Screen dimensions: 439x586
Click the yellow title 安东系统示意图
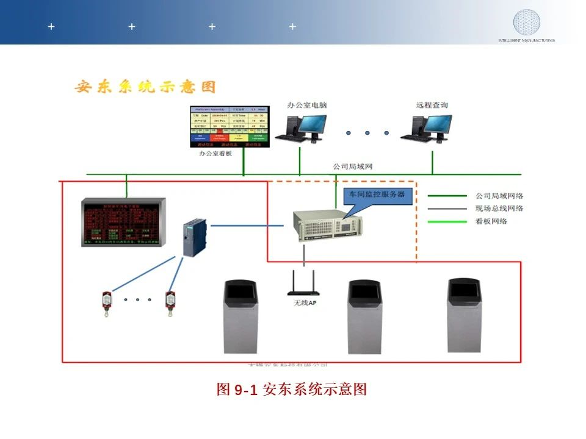pos(145,87)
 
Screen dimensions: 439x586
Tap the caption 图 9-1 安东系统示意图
pos(292,390)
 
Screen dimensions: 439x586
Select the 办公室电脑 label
pos(307,105)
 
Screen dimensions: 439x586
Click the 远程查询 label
pos(432,105)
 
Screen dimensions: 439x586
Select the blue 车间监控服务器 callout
pos(376,195)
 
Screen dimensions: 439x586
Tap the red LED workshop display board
pos(122,223)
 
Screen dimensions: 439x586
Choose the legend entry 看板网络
pos(491,221)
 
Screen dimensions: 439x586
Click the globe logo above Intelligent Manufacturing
pos(526,23)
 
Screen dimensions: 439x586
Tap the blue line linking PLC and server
pos(247,226)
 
